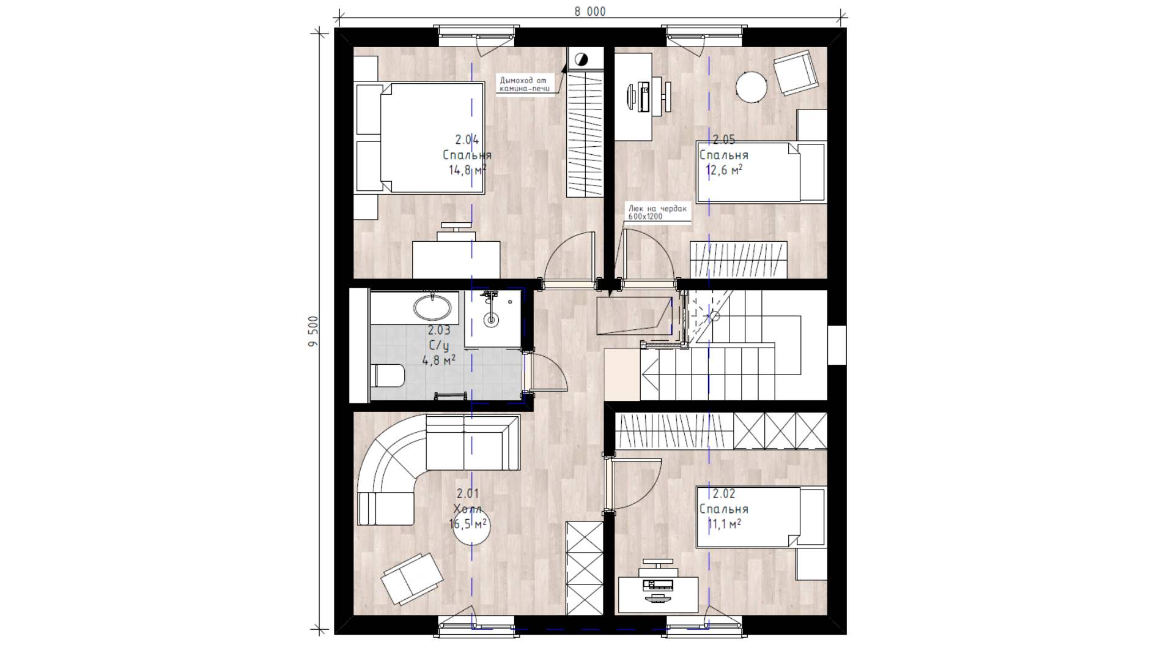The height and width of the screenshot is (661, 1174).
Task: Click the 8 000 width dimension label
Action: [589, 12]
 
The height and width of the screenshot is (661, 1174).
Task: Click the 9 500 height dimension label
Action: [314, 331]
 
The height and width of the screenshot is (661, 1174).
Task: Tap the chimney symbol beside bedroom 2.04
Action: [580, 59]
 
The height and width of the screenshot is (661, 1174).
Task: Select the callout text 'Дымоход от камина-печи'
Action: [525, 84]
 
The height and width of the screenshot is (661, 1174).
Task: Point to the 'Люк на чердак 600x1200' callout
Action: [657, 212]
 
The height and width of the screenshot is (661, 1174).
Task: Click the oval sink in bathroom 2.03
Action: [435, 307]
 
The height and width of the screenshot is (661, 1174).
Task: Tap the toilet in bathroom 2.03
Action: [388, 375]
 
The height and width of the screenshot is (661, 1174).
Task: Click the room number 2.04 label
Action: [467, 140]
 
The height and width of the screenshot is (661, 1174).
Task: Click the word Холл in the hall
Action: [467, 509]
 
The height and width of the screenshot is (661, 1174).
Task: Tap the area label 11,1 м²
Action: [725, 524]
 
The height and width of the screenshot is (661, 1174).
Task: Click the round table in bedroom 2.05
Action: [751, 88]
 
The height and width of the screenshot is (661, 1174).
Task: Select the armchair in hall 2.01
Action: [412, 579]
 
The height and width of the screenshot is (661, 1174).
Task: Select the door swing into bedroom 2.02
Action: [637, 484]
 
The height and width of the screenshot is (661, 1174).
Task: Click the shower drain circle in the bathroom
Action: [491, 319]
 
